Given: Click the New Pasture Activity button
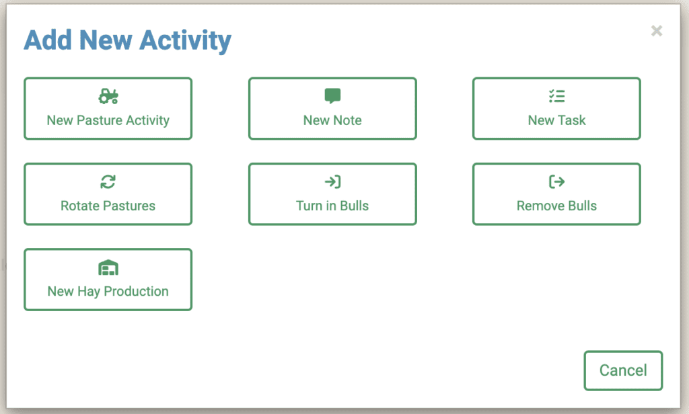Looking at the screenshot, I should pos(108,109).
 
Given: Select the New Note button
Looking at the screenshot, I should pos(332,109).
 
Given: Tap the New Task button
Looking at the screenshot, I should pos(556,109).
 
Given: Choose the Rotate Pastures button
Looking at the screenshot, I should pos(108,194).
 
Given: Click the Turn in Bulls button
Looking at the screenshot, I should pos(332,194).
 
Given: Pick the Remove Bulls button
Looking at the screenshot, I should pos(556,194).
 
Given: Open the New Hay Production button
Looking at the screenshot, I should pos(108,280).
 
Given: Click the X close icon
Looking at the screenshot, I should pos(657,31).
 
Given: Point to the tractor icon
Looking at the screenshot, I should pos(108,97).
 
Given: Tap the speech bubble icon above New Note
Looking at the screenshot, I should pos(332,97).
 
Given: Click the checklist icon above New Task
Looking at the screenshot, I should pos(556,97).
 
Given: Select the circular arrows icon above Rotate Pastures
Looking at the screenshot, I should pos(108,181).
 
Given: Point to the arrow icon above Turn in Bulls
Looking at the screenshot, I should pos(332,181).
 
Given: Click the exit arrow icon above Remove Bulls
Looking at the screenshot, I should pos(556,181).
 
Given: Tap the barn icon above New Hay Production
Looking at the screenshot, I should pos(108,267).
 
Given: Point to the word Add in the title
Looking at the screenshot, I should pos(48,40).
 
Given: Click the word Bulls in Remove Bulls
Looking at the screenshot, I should pos(581,206).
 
